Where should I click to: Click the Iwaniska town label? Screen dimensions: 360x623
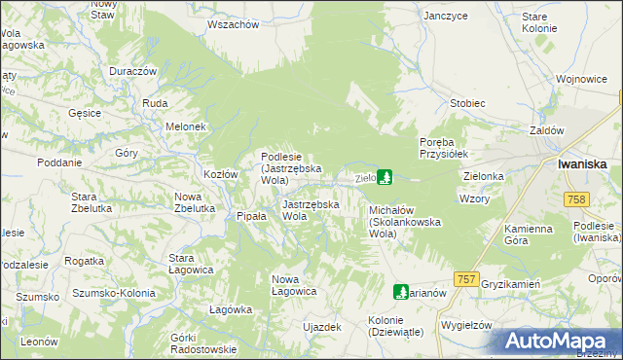pyautogui.click(x=583, y=164)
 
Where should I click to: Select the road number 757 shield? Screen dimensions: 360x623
pyautogui.click(x=466, y=278)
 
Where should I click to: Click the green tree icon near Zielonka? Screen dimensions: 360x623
pyautogui.click(x=385, y=177)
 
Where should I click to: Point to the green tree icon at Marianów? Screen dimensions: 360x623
pyautogui.click(x=400, y=291)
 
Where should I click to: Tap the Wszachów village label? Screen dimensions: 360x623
pyautogui.click(x=233, y=23)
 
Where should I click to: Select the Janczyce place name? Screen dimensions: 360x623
pyautogui.click(x=447, y=17)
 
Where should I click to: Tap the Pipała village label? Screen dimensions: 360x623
pyautogui.click(x=251, y=216)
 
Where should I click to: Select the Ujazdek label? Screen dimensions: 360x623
pyautogui.click(x=322, y=327)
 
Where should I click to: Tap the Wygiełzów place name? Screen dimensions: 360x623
pyautogui.click(x=467, y=324)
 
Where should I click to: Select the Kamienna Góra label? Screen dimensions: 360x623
pyautogui.click(x=529, y=234)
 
